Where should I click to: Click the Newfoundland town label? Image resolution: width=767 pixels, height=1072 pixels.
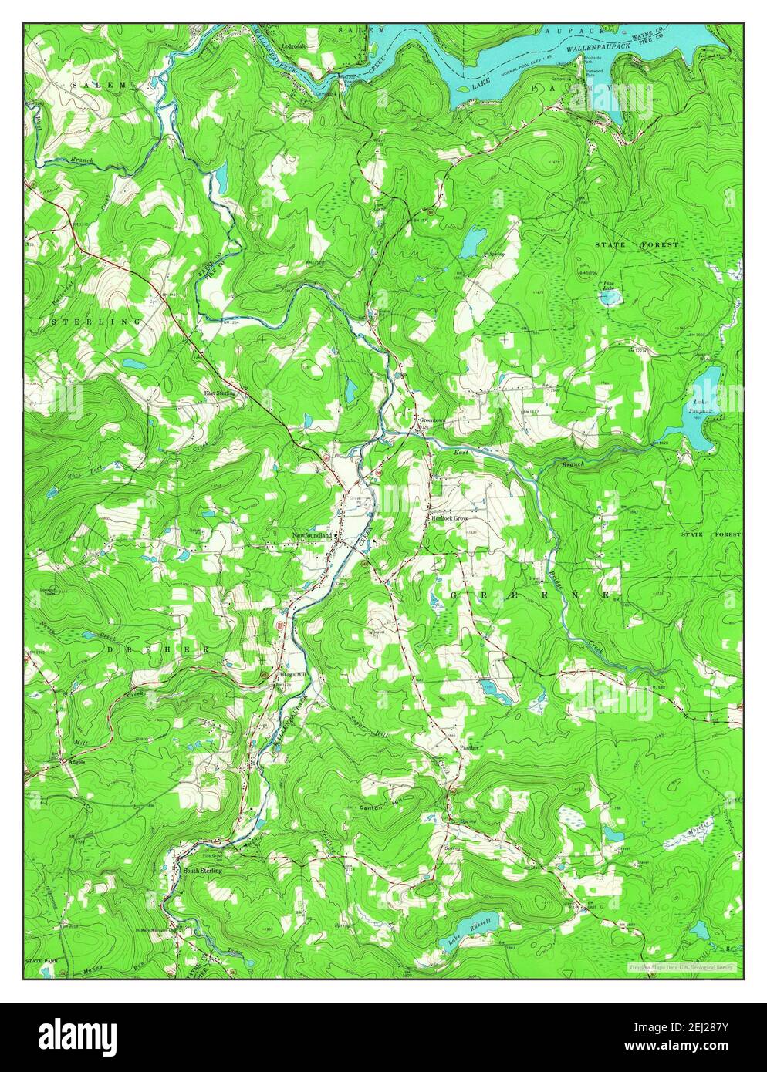(x=312, y=534)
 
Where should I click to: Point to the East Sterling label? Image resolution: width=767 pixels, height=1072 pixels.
(x=219, y=392)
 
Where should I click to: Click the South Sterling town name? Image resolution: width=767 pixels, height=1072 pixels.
(x=202, y=870)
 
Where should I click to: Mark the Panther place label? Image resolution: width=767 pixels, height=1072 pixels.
(x=470, y=747)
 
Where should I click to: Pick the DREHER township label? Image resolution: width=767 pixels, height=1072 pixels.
(x=158, y=650)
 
